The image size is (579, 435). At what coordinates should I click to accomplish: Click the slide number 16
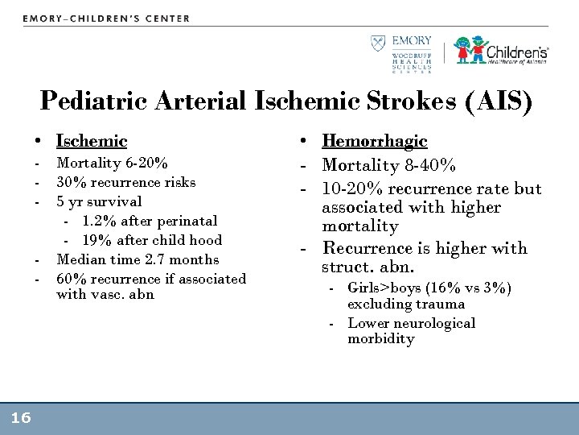point(21,417)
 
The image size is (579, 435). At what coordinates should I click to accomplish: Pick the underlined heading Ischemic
point(92,141)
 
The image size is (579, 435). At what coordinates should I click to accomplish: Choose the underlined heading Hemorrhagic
point(374,141)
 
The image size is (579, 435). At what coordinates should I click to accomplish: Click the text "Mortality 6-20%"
point(112,164)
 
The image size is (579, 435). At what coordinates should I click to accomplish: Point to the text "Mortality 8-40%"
point(389,167)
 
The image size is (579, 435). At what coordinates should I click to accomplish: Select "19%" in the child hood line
point(95,240)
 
